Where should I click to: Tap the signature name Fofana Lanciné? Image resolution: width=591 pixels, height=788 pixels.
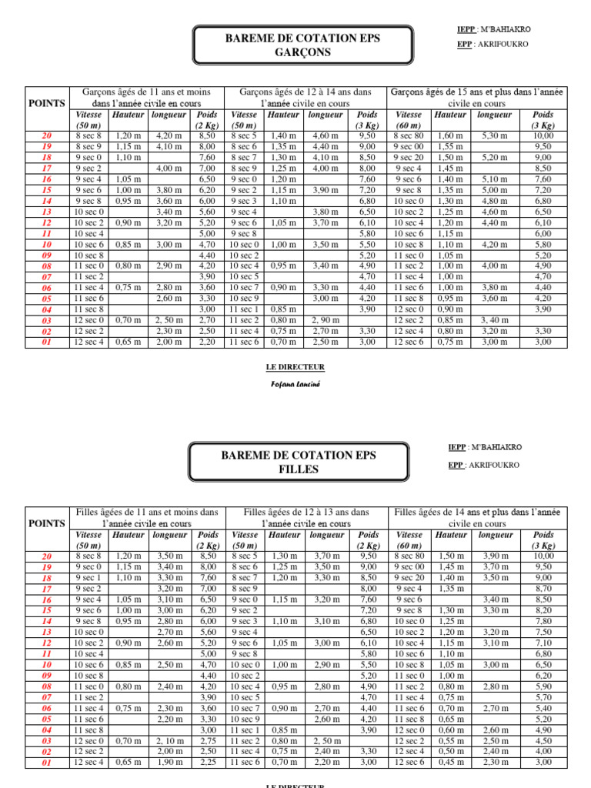pos(295,382)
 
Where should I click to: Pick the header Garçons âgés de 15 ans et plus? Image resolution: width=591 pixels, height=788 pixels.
pos(477,92)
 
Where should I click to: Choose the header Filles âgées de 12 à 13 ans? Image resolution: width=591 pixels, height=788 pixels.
pos(306,512)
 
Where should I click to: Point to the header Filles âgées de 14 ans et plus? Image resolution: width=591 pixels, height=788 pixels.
pos(477,512)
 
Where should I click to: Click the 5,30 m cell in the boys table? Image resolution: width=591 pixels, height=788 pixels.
pos(494,136)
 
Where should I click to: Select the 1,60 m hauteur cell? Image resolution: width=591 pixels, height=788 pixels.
pos(449,136)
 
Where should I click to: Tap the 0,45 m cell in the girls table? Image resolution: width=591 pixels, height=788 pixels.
pos(449,763)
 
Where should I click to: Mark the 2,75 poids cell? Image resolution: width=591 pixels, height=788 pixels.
pos(206,740)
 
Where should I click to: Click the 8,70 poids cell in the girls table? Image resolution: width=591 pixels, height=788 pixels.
pos(543,588)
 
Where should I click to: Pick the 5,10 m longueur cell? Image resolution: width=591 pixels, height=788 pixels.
pos(494,179)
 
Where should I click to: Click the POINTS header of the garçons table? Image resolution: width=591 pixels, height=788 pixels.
pos(47,102)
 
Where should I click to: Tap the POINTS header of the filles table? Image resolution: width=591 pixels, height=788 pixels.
pos(47,523)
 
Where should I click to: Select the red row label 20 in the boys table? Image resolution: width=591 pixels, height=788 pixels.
pos(47,136)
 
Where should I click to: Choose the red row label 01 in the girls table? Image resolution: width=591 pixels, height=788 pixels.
pos(47,763)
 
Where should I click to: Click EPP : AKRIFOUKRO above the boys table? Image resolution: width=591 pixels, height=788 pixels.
pos(492,45)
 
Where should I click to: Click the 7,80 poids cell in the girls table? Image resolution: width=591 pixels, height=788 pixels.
pos(543,621)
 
